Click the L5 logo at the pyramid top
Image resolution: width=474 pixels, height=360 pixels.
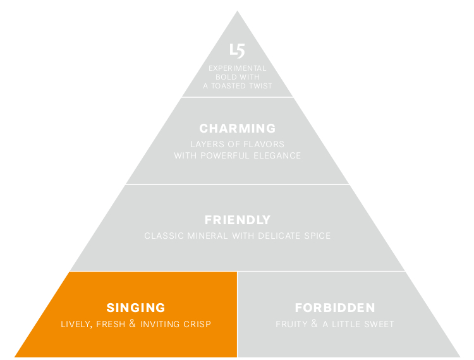[237, 51]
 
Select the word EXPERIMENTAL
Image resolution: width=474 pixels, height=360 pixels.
[237, 68]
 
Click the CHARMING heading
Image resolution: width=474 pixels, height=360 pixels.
[237, 129]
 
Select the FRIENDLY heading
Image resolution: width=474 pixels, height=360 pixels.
[237, 220]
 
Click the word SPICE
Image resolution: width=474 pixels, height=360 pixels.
[317, 236]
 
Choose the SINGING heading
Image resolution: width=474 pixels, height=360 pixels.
[136, 308]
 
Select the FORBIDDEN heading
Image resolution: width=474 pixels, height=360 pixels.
[335, 308]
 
